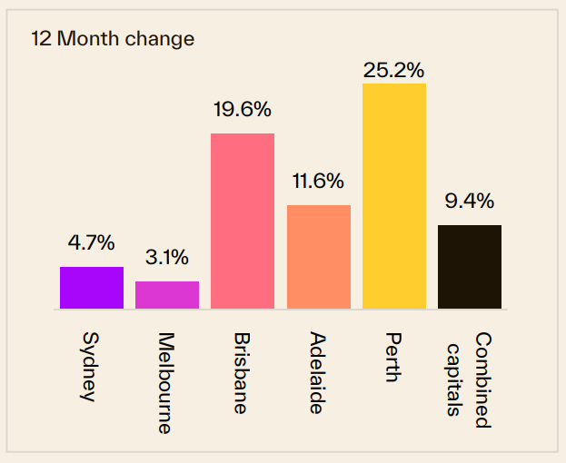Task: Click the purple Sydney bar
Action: coord(92,288)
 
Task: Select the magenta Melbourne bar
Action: coord(167,295)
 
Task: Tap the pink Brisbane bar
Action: coord(243,221)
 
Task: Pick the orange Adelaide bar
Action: coord(319,257)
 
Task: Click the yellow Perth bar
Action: coord(394,196)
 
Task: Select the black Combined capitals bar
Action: coord(470,267)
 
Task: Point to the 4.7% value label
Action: coord(91,242)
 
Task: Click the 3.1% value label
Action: coord(167,257)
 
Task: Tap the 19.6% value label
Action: coord(242,110)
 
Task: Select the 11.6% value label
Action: coord(318,181)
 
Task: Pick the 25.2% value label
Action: coord(393,68)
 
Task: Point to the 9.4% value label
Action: coord(469,201)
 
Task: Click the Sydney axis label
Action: coord(90,368)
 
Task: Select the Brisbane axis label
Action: coord(241,373)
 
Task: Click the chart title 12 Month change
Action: coord(113,39)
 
